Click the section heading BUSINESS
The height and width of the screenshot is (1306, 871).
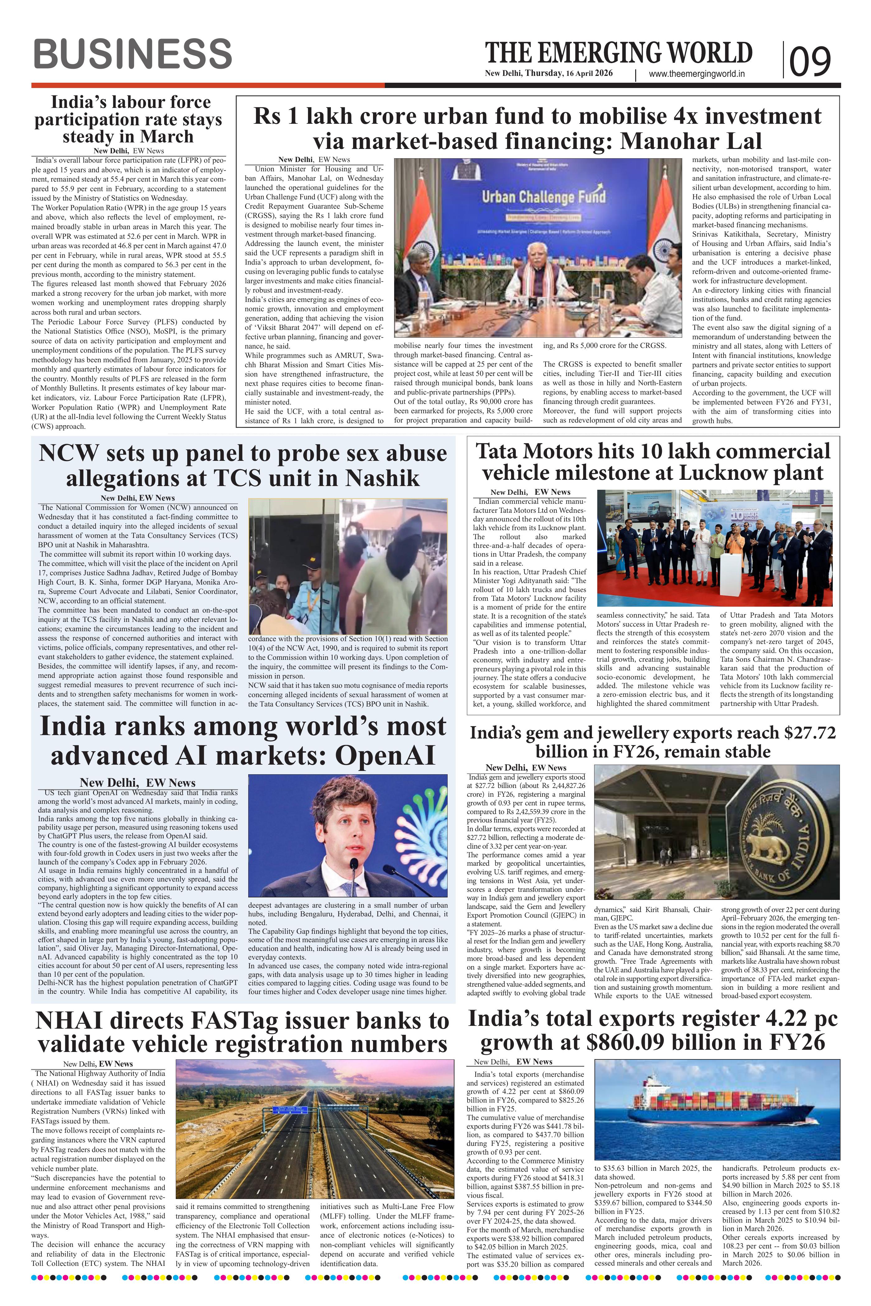click(x=132, y=54)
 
